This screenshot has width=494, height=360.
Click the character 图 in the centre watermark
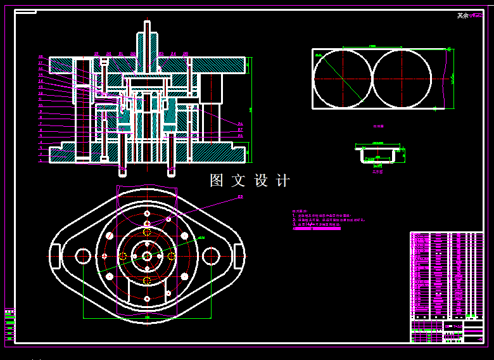pos(217,181)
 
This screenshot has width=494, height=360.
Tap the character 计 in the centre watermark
pos(282,181)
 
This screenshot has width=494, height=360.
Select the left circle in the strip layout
pos(343,79)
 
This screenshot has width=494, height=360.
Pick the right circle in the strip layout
pos(402,79)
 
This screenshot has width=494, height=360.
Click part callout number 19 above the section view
pos(96,54)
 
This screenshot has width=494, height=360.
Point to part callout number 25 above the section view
pos(185,54)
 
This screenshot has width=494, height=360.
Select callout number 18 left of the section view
pos(41,57)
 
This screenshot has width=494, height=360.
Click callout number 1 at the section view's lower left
pos(41,160)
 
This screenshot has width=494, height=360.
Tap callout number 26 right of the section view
pos(240,124)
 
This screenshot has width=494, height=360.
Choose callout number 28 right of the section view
pos(240,136)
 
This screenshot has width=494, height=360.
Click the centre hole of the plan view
pos(147,256)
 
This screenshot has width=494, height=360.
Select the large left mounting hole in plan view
pos(83,256)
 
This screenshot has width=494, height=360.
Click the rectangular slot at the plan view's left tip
pos(54,256)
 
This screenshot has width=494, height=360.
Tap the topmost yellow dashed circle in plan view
pos(147,232)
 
